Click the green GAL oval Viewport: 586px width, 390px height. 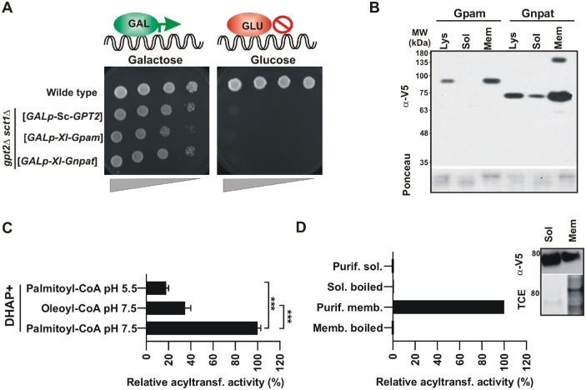tap(137, 24)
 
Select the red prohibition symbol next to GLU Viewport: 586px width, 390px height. tap(282, 25)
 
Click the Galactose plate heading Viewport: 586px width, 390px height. tap(155, 60)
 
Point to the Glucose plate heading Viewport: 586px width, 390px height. tap(273, 60)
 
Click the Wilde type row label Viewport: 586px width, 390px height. tap(72, 92)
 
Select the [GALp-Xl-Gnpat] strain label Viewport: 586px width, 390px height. tap(58, 161)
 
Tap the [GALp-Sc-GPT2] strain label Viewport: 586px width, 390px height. tap(63, 117)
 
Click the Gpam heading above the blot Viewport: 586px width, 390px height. tap(469, 13)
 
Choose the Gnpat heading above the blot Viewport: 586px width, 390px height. tap(538, 13)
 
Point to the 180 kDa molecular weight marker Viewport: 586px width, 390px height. tap(421, 53)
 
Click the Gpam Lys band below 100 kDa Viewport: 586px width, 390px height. tap(443, 81)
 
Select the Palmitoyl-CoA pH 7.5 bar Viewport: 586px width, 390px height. tap(202, 328)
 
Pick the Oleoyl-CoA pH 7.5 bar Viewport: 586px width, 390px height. tap(166, 308)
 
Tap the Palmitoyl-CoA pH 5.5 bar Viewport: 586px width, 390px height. tap(156, 288)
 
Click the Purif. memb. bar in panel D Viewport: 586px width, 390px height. tap(448, 307)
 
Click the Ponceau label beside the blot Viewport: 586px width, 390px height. tap(407, 174)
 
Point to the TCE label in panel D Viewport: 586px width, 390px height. tap(521, 299)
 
